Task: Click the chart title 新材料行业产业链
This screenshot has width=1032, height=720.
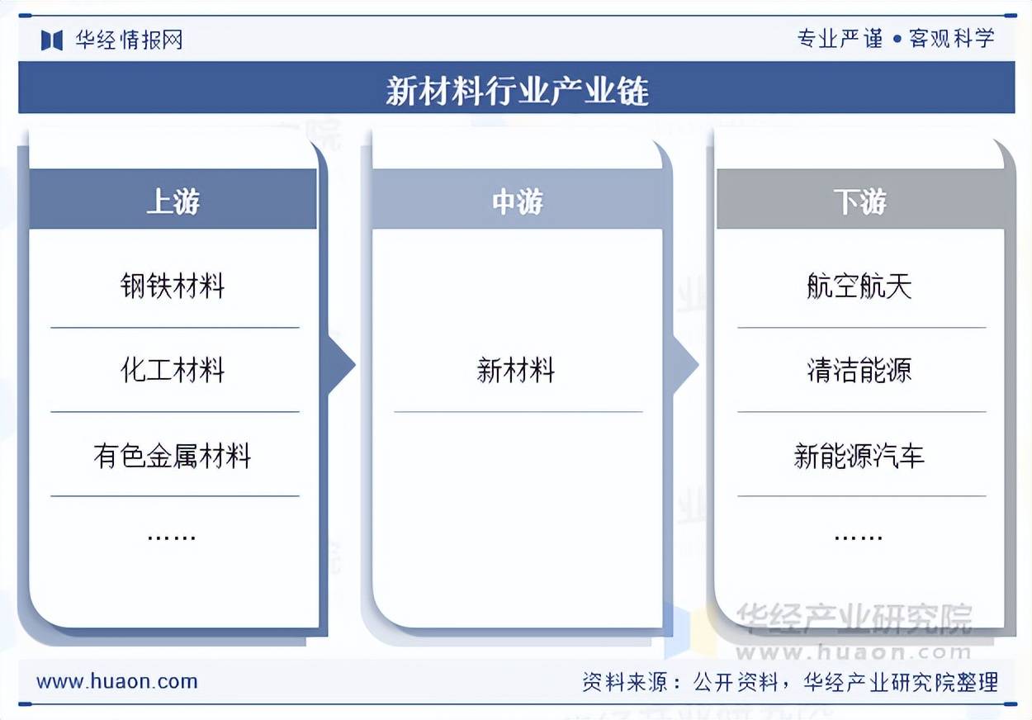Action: [517, 90]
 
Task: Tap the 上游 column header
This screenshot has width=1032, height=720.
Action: [173, 201]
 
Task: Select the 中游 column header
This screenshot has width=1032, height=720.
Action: [517, 201]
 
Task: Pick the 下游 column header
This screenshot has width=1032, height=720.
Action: [859, 201]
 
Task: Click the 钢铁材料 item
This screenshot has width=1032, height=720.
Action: [173, 287]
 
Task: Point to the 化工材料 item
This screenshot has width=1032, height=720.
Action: [173, 370]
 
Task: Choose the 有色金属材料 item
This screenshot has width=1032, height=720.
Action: [173, 455]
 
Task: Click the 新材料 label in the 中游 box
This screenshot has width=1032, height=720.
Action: [516, 370]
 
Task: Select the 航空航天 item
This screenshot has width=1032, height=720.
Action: [859, 287]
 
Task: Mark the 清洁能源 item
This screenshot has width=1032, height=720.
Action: [859, 370]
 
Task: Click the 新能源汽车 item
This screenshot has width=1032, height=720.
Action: [859, 455]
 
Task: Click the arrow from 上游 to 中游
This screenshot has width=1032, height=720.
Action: [340, 365]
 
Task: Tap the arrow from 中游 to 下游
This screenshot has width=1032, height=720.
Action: [684, 365]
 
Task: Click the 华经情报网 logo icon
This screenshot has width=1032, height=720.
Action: [52, 40]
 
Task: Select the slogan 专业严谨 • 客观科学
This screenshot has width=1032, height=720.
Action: [896, 39]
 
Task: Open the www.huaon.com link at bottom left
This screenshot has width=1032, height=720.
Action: [117, 682]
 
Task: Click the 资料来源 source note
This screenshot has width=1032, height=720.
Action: [790, 682]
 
